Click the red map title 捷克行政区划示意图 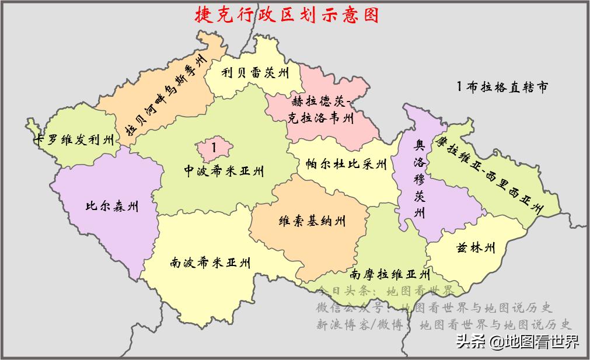pos(287,15)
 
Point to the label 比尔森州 pos(112,206)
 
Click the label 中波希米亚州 pos(224,171)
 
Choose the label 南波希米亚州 pos(211,263)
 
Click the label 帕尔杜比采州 pos(347,164)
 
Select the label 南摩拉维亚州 pos(390,274)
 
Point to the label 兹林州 pos(476,249)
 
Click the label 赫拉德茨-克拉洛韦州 pos(322,109)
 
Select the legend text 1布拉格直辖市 pos(502,87)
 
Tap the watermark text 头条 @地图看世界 pos(518,341)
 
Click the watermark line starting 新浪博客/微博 pos(444,324)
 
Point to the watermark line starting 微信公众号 pos(434,307)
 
